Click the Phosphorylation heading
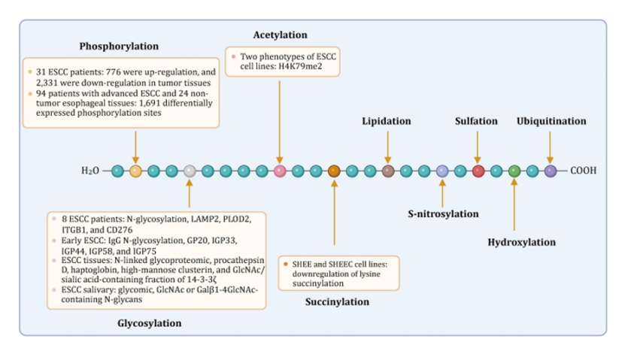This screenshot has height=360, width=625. point(114,47)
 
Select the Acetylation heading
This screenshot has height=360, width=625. point(280,35)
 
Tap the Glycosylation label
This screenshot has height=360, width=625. point(150,323)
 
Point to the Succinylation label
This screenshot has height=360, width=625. point(338,301)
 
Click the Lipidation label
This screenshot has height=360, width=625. point(387,120)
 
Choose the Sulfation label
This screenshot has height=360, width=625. point(477,120)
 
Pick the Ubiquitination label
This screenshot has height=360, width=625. point(551,120)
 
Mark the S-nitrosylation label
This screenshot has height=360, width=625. point(443,213)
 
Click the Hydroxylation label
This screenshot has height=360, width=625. point(521,242)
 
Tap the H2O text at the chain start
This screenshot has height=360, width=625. point(90,171)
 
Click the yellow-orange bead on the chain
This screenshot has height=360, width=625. point(135,171)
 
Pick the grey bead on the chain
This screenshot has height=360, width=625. point(190,171)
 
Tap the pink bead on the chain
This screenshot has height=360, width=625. point(280,171)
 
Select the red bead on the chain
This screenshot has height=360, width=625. point(478,171)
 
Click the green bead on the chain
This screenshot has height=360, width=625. point(514,171)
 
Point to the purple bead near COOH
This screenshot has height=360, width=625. point(551,171)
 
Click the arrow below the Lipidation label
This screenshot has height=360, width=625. point(388,147)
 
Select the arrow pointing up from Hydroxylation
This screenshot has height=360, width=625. point(514,207)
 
